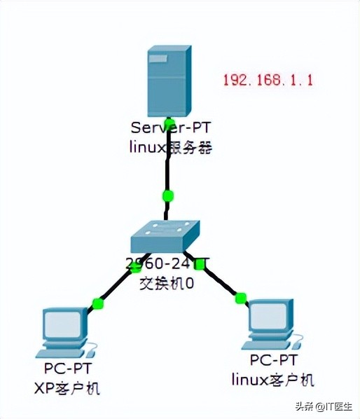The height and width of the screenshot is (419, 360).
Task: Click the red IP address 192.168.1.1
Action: point(268,79)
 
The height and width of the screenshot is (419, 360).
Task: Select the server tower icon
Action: point(168,82)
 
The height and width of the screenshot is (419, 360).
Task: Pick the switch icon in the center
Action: point(165,237)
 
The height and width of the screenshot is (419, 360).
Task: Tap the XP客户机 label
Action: point(67,387)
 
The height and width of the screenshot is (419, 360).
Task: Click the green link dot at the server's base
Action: point(168,123)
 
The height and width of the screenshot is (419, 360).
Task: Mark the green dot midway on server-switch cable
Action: point(167,195)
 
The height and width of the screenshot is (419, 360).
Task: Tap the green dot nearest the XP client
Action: point(98,303)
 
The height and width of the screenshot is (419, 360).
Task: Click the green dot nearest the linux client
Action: point(241,298)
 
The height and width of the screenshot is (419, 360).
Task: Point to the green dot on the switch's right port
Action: point(200,264)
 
